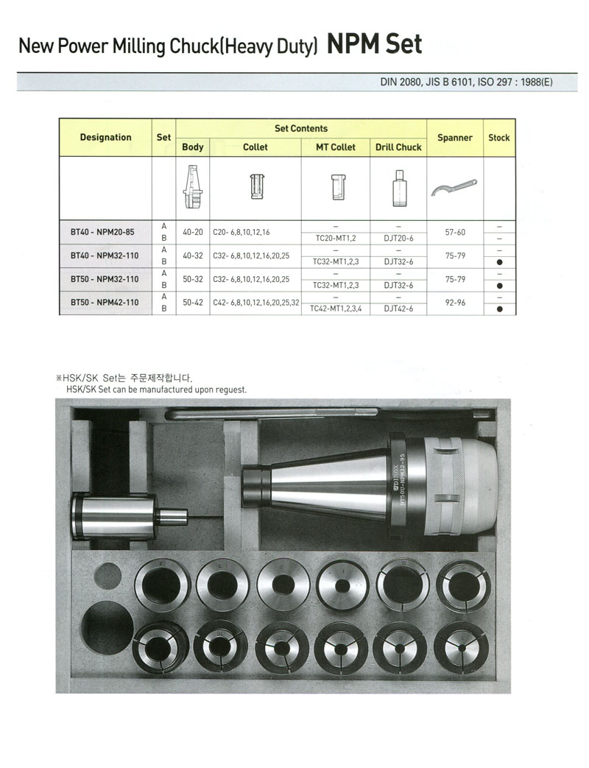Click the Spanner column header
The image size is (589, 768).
pos(454,138)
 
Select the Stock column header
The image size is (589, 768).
pos(498,138)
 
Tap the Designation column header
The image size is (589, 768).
pos(105,138)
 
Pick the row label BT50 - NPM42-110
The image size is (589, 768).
pos(103,302)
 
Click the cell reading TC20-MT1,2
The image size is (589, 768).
pos(335,237)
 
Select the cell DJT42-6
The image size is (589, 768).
pos(398,309)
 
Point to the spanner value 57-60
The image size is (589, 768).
pos(454,231)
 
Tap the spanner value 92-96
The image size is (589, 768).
pos(454,302)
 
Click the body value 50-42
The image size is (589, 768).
pos(192,302)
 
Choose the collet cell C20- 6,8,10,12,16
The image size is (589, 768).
pos(241,231)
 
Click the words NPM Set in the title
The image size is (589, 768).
pos(375,44)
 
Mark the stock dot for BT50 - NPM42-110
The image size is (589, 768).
pos(499,309)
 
